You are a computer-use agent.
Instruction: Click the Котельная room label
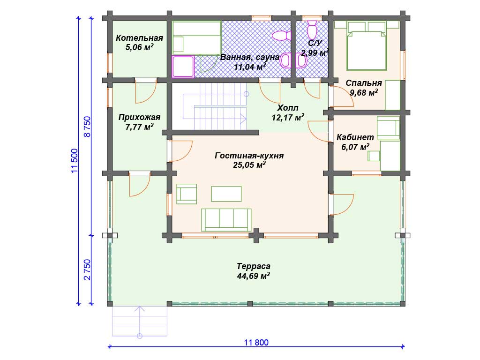(x=139, y=38)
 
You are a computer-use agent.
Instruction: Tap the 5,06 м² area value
(x=140, y=47)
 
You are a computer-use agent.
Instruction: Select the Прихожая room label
(x=139, y=117)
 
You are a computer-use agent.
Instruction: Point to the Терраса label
(x=254, y=266)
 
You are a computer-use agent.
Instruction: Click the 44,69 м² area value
(x=254, y=276)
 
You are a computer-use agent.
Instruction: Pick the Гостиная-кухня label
(x=249, y=156)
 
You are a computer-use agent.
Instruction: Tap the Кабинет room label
(x=355, y=137)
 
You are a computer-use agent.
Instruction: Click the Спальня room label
(x=364, y=83)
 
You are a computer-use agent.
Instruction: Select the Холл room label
(x=288, y=108)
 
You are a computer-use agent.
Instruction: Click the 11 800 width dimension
(x=256, y=342)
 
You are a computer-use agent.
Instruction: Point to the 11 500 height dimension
(x=75, y=161)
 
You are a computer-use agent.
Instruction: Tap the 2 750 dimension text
(x=87, y=270)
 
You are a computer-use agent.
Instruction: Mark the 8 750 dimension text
(x=87, y=127)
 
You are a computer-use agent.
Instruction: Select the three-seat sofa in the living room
(x=226, y=220)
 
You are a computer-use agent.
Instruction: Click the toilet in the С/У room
(x=312, y=30)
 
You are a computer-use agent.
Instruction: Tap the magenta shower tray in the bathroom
(x=183, y=67)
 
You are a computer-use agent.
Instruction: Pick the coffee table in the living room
(x=226, y=194)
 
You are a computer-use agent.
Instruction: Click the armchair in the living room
(x=187, y=194)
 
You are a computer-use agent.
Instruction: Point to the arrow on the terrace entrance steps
(x=140, y=322)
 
